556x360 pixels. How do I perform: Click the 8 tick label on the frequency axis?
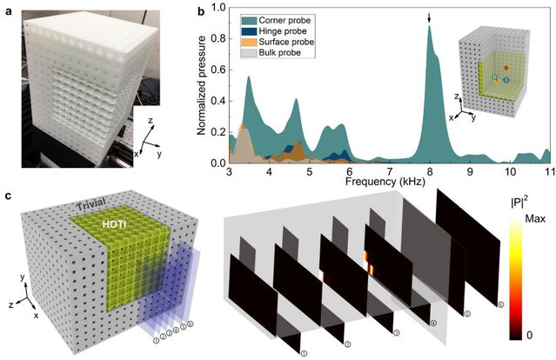[429, 173]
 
